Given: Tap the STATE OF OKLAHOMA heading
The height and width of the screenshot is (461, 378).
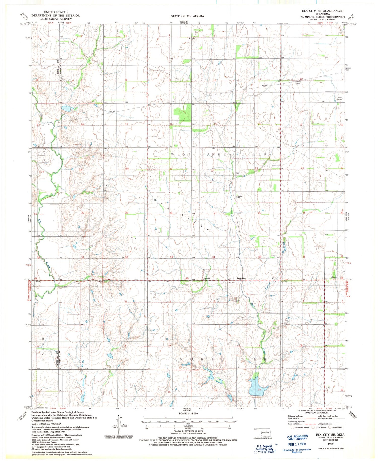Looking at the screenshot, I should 187,16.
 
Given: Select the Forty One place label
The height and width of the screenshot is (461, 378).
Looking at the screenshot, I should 241,278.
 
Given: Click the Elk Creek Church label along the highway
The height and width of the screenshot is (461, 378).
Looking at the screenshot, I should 207,278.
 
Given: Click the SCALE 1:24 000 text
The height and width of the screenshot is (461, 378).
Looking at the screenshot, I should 188,413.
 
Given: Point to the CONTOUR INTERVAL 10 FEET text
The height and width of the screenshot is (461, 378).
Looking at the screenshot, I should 188,431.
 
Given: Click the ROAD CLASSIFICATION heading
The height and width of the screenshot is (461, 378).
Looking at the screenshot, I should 316,413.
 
